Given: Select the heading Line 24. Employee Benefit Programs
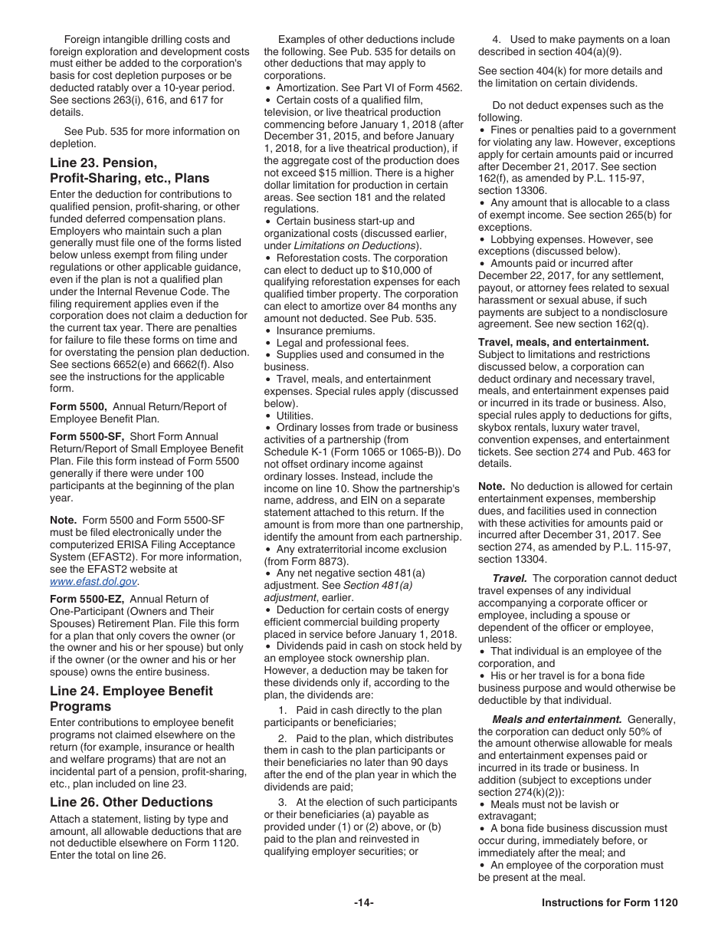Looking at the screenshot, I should pos(131,698).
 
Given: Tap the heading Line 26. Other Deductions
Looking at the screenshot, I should pos(131,802).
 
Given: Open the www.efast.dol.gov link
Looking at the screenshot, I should pos(93,581).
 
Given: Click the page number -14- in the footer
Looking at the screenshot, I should pos(364,902).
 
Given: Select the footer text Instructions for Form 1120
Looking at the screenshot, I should pos(609,902).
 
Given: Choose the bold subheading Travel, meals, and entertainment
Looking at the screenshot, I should pos(563,342).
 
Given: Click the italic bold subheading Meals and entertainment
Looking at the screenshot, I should pos(556,719).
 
